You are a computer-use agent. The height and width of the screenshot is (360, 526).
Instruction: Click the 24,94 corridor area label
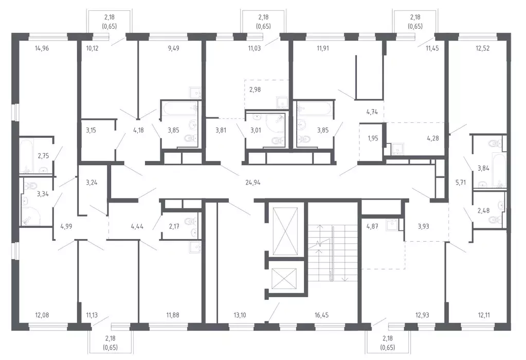(252, 183)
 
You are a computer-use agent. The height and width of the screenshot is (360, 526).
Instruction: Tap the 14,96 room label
(42, 48)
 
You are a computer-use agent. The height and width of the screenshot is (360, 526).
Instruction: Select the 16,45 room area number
(321, 315)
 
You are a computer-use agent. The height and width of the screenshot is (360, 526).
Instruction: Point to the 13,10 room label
(240, 315)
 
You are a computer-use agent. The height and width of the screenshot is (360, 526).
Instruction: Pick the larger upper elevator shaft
(285, 231)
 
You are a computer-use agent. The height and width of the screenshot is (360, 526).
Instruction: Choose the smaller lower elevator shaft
(284, 278)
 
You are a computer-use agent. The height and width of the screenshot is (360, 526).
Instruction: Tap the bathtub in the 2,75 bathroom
(27, 156)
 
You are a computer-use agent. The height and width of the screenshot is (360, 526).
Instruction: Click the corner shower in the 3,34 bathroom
(31, 215)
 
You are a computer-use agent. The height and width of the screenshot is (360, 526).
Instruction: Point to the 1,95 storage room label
(373, 138)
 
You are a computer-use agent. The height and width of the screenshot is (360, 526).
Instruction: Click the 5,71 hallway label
(461, 183)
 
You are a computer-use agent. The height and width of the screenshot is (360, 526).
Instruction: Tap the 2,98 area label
(255, 89)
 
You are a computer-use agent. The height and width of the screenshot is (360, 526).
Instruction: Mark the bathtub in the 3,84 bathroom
(499, 170)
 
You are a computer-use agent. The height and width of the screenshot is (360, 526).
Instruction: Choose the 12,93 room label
(422, 315)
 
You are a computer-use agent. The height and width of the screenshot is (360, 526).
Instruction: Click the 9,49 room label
(173, 48)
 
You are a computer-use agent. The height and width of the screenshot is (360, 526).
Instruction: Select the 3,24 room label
(91, 183)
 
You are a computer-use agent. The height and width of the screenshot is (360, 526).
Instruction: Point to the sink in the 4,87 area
(391, 224)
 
